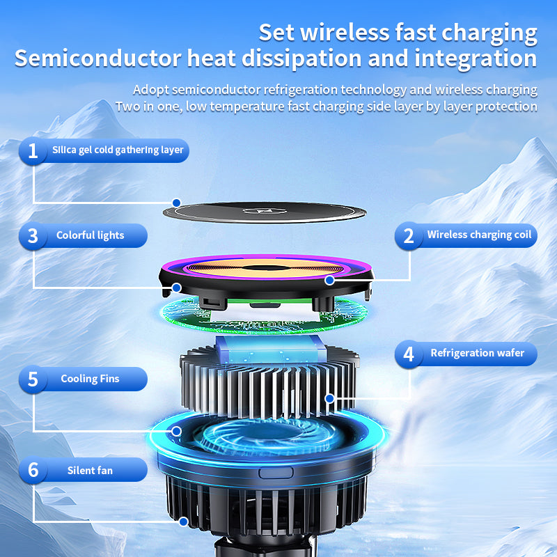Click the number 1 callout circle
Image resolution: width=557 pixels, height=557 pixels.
pyautogui.click(x=33, y=151)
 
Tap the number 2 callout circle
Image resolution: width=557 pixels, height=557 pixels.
pyautogui.click(x=409, y=236)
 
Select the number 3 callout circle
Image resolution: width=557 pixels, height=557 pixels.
pyautogui.click(x=33, y=236)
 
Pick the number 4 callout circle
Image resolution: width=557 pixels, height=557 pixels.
pyautogui.click(x=409, y=354)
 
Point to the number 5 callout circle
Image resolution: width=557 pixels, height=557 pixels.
pyautogui.click(x=33, y=379)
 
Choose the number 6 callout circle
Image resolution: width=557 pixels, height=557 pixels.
pyautogui.click(x=33, y=470)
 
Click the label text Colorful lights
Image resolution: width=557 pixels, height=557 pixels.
pyautogui.click(x=91, y=235)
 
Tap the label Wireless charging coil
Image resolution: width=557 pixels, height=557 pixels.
pyautogui.click(x=479, y=235)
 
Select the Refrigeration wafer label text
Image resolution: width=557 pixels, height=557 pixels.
pyautogui.click(x=478, y=353)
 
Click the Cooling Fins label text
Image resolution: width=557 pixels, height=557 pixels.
pyautogui.click(x=91, y=379)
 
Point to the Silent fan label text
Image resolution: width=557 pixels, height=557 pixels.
pyautogui.click(x=91, y=471)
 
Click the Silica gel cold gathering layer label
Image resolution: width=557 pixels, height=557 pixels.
pyautogui.click(x=118, y=150)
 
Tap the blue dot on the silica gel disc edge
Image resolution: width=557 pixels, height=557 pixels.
pyautogui.click(x=176, y=203)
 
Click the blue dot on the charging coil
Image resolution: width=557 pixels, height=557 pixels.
pyautogui.click(x=329, y=281)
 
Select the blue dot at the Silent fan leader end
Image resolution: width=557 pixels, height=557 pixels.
pyautogui.click(x=183, y=521)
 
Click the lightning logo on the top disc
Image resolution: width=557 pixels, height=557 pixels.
pyautogui.click(x=265, y=212)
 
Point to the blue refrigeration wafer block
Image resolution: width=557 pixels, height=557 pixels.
pyautogui.click(x=271, y=350)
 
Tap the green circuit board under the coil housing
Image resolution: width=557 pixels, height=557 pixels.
pyautogui.click(x=264, y=316)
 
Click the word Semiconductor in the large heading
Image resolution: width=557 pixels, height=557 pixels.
pyautogui.click(x=98, y=58)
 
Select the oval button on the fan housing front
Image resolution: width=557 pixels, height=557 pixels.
pyautogui.click(x=276, y=473)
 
